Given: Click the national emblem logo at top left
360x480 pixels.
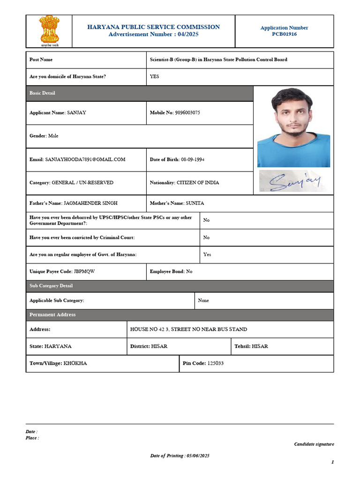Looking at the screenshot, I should click(x=49, y=31).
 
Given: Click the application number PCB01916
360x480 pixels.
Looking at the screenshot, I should click(x=284, y=34).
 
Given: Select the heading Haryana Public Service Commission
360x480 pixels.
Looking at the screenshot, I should click(x=153, y=27).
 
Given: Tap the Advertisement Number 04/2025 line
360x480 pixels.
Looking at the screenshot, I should click(x=153, y=35).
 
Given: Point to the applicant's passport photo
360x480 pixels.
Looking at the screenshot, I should click(x=293, y=127).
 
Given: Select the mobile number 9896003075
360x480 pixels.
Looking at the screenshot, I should click(x=187, y=113).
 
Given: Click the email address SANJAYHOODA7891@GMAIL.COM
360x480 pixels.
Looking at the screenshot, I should click(x=85, y=159).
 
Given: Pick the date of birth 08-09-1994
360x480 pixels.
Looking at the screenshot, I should click(x=192, y=159).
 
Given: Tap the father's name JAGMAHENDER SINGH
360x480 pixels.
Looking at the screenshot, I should click(x=90, y=203).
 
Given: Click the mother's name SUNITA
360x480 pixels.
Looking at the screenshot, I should click(x=195, y=203).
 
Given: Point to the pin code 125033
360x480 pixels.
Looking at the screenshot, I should click(x=216, y=363).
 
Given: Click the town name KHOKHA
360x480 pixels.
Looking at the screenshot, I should click(x=75, y=363).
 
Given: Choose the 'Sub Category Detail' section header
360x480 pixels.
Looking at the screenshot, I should click(x=51, y=286).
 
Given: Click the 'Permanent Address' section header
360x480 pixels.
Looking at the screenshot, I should click(x=52, y=315).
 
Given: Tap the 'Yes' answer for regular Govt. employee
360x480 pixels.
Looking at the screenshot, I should click(x=207, y=255).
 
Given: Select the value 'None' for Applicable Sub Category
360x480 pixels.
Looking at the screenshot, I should click(x=203, y=300).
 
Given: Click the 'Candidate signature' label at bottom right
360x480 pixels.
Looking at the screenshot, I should click(x=314, y=444).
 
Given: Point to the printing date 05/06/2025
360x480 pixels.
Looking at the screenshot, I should click(x=197, y=456).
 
